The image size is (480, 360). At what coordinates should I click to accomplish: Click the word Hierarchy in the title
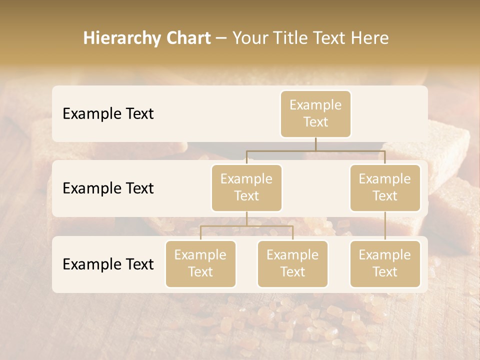tap(115, 38)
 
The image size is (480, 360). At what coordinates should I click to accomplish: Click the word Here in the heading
tap(370, 38)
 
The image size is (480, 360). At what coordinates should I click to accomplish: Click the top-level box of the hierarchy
tap(315, 113)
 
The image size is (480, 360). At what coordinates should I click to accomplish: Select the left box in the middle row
tap(246, 187)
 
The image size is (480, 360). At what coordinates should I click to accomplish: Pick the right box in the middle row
tap(385, 187)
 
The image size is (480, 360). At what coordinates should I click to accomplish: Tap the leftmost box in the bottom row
tap(200, 263)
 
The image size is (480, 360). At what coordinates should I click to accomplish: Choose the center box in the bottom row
tap(292, 263)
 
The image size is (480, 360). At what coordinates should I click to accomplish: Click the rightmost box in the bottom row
tap(385, 263)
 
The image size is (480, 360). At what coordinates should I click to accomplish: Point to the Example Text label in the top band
tap(108, 113)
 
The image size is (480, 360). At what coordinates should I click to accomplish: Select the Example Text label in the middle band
tap(108, 188)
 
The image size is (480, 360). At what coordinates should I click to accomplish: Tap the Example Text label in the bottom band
tap(108, 264)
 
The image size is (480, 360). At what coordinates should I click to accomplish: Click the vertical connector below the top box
tap(315, 144)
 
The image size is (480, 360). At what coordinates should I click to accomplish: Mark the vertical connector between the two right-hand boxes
tap(385, 226)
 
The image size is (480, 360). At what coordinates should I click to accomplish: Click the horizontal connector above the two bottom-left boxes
tap(246, 226)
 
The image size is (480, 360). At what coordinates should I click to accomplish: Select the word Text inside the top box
tap(315, 122)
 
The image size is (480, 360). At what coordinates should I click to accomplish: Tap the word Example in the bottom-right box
tap(385, 255)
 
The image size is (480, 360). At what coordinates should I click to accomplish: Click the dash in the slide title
tap(221, 38)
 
